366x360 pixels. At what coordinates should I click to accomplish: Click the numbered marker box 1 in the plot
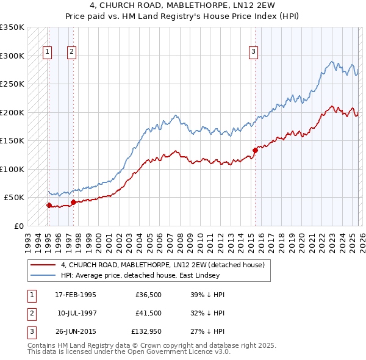click(x=48, y=52)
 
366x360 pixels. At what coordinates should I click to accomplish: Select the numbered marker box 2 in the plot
click(x=72, y=52)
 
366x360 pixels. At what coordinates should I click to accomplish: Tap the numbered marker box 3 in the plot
click(x=253, y=52)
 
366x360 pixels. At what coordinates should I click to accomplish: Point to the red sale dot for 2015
click(x=255, y=150)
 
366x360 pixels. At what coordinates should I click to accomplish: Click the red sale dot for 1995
click(x=49, y=205)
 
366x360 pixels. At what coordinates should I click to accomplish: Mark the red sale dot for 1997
click(x=73, y=202)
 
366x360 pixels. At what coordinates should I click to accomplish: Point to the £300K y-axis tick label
click(x=12, y=56)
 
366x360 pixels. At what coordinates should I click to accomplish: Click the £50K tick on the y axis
click(x=14, y=198)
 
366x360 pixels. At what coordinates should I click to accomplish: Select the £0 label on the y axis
click(x=18, y=226)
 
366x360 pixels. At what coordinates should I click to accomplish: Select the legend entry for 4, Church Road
click(x=162, y=265)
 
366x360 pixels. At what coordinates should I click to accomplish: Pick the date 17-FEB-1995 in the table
click(x=76, y=295)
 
